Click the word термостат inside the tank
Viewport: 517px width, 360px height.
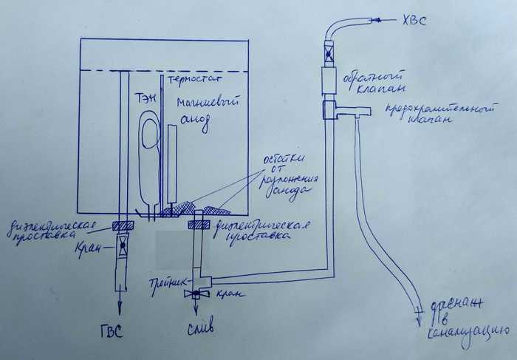(195, 78)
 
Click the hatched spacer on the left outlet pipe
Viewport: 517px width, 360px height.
(123, 225)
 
